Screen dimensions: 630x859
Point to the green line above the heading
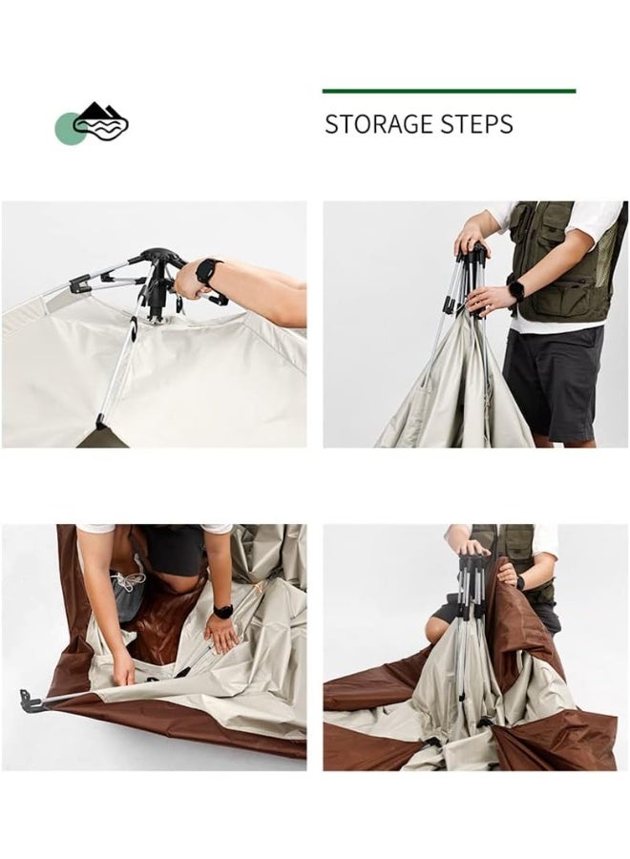tap(449, 91)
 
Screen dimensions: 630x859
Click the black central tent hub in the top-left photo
tap(158, 280)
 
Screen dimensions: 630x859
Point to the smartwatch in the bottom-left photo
tap(223, 612)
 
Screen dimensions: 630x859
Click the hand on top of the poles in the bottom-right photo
tap(473, 547)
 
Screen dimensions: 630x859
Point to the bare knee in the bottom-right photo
tap(436, 625)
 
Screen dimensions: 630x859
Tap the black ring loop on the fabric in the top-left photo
tap(133, 325)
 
